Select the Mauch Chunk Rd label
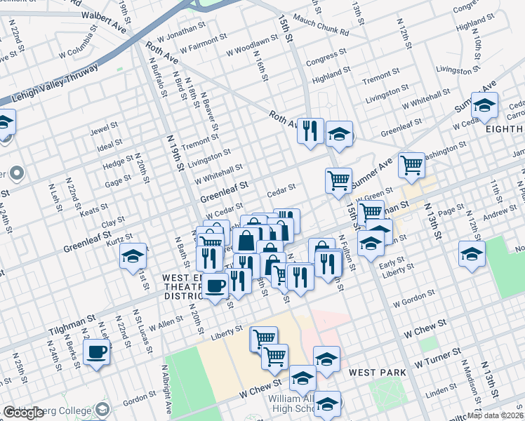click(321, 27)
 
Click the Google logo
click(23, 413)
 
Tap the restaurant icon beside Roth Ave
click(310, 131)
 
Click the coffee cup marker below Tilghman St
click(97, 352)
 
